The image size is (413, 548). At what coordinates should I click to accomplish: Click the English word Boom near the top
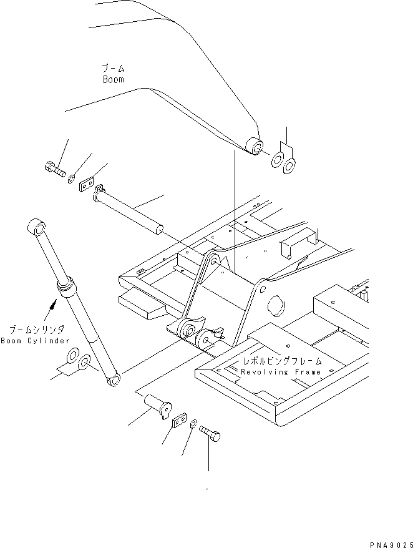click(x=113, y=79)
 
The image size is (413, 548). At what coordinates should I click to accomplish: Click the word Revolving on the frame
click(x=265, y=372)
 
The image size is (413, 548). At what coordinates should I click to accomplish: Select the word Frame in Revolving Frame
click(x=308, y=372)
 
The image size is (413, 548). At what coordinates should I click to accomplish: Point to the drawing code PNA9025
click(x=392, y=544)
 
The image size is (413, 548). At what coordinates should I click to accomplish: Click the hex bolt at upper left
click(x=56, y=170)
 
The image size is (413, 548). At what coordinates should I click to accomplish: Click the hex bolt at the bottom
click(x=210, y=433)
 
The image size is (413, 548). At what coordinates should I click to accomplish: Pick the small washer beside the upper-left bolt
click(x=71, y=179)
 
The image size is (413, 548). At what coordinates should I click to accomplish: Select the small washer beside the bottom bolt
click(x=193, y=424)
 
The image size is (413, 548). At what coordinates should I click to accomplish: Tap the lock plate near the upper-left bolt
click(x=86, y=185)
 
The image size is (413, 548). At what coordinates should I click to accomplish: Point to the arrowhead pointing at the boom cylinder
click(x=53, y=305)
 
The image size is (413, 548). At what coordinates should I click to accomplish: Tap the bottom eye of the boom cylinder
click(x=114, y=380)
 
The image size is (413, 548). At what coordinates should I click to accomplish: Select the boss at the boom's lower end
click(x=255, y=145)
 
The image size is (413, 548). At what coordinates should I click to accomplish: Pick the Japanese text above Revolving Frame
click(x=283, y=361)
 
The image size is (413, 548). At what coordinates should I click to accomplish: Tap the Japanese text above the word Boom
click(x=113, y=68)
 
